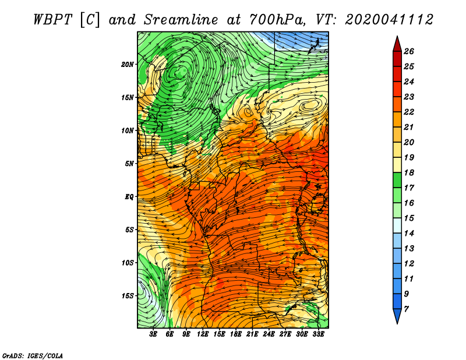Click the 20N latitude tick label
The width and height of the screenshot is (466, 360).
[x=127, y=65]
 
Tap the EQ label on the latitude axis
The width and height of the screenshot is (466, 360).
[x=129, y=197]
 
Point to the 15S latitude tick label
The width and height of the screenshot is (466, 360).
[x=128, y=296]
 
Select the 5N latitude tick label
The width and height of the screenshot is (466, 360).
[x=129, y=164]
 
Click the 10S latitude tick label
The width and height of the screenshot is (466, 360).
[x=128, y=263]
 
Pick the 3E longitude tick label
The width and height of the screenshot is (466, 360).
[x=153, y=334]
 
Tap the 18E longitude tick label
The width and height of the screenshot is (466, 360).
[x=236, y=334]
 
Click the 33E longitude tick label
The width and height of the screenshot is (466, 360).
[x=318, y=334]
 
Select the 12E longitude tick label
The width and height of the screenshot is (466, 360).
[x=203, y=334]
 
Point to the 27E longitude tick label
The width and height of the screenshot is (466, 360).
[x=285, y=334]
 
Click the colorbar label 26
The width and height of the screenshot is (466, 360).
[x=409, y=51]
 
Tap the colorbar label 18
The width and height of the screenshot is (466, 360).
[x=409, y=172]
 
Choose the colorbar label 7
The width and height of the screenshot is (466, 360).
[x=406, y=309]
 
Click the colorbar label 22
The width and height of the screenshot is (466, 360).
[x=409, y=112]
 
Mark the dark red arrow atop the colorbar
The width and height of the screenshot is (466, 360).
[x=397, y=44]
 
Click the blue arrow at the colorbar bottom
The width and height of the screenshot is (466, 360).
[x=397, y=316]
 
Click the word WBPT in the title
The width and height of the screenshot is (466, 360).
[x=52, y=20]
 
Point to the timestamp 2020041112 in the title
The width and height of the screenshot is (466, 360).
[x=389, y=20]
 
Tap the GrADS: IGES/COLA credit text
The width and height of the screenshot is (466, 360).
[x=33, y=355]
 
